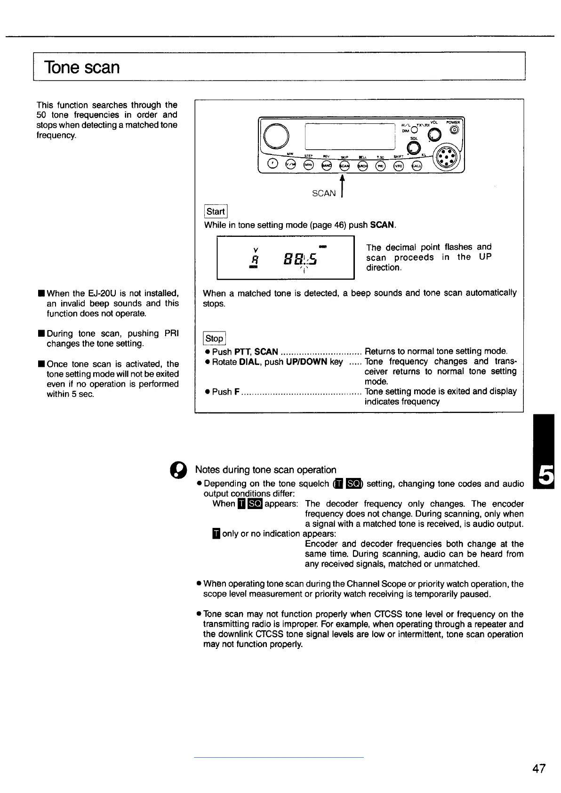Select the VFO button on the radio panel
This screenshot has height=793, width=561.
coord(399,165)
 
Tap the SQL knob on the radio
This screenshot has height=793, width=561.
coord(414,148)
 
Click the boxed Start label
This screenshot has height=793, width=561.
coord(216,211)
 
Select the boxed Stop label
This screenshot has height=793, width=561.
coord(214,338)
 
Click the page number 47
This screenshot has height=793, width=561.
coord(539,769)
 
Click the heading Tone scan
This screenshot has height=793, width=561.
coord(82,67)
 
